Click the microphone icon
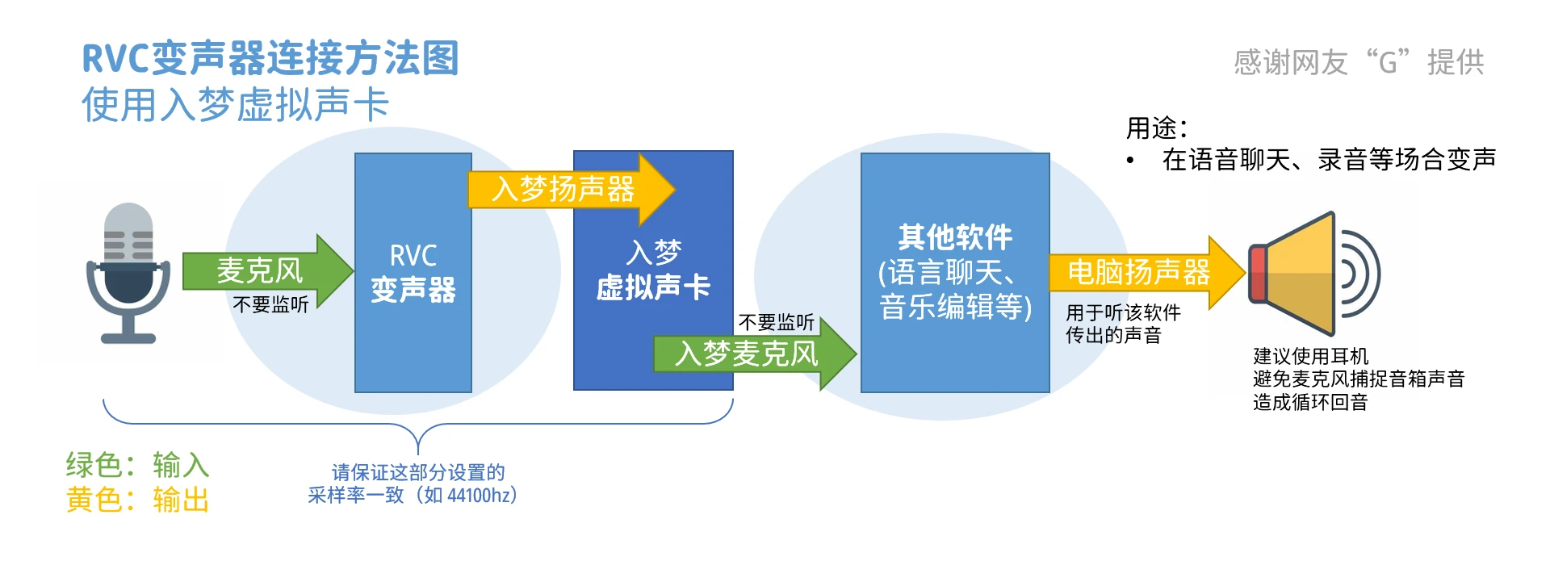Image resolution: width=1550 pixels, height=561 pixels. click(128, 273)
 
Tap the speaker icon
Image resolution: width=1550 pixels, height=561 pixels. click(1312, 274)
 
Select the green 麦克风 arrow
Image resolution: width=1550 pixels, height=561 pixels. click(266, 271)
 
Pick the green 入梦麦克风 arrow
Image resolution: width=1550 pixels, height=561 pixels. click(751, 354)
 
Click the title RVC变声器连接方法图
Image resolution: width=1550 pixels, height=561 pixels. click(270, 58)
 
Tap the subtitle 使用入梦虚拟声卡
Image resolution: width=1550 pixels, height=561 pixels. click(235, 105)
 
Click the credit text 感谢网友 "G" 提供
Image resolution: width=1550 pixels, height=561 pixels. click(1359, 62)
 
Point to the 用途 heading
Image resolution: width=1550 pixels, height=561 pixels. click(1156, 128)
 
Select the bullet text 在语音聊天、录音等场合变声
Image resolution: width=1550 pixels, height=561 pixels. click(1328, 160)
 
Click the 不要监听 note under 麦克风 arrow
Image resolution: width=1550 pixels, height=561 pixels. click(270, 304)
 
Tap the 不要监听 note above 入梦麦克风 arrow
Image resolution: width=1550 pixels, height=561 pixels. click(776, 322)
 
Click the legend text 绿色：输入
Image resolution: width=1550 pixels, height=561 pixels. click(137, 465)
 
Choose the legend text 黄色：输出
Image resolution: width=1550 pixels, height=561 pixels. click(137, 500)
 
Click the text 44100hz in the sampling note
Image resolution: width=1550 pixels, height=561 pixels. click(481, 495)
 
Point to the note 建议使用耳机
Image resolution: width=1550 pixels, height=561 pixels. click(1310, 356)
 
